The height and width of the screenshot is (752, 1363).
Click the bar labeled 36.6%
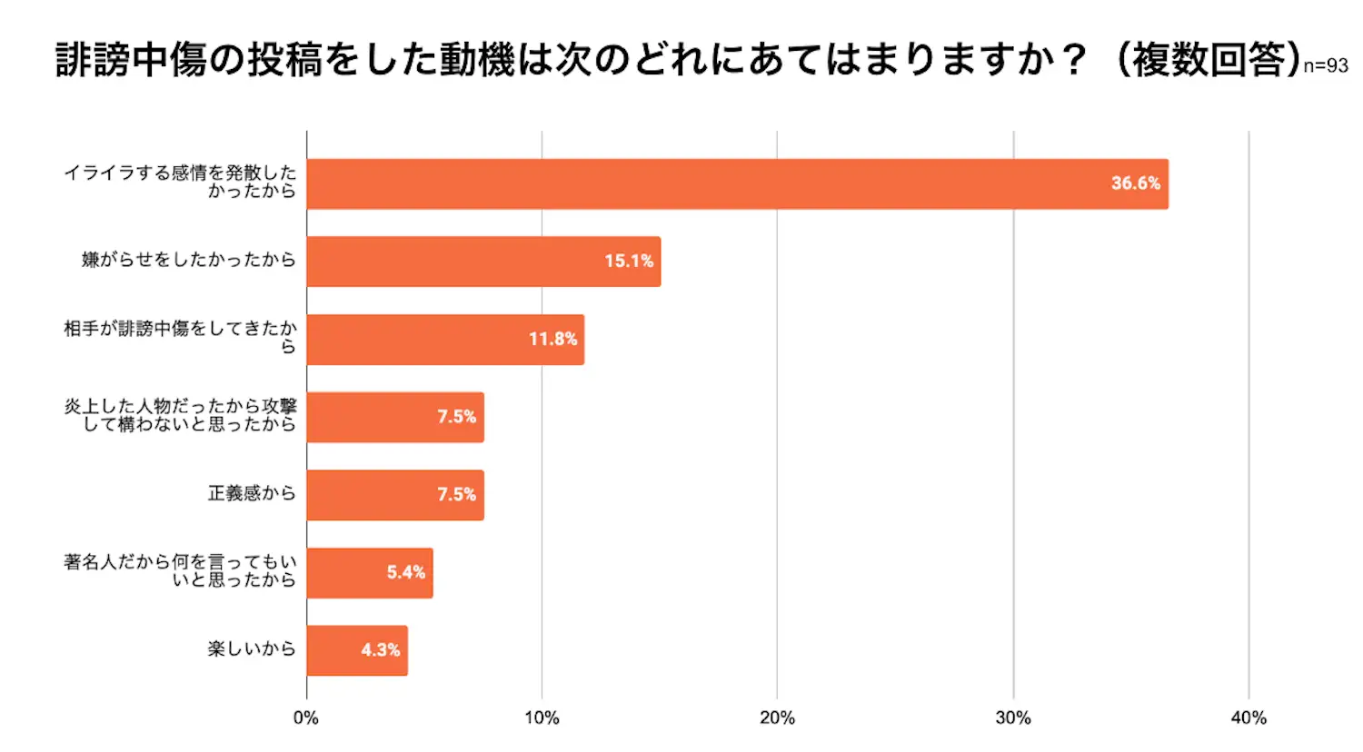click(x=737, y=184)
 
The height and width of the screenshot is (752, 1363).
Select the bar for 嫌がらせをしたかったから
click(x=483, y=262)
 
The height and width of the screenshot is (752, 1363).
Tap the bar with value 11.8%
click(x=445, y=340)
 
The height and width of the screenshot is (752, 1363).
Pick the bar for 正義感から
click(x=395, y=495)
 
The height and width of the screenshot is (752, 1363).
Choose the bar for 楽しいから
click(x=357, y=650)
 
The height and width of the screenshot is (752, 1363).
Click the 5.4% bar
click(x=370, y=573)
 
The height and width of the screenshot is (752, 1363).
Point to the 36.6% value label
click(x=1135, y=183)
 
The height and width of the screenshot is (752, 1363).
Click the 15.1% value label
click(x=629, y=262)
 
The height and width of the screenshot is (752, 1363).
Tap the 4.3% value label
click(x=380, y=650)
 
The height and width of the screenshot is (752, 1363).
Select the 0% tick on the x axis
click(x=306, y=718)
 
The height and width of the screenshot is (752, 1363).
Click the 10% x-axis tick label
click(x=542, y=718)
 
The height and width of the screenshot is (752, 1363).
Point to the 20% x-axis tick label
click(x=777, y=718)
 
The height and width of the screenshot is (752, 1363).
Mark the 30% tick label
click(x=1013, y=718)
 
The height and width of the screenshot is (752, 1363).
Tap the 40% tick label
click(x=1249, y=718)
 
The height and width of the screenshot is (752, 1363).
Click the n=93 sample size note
click(x=1326, y=66)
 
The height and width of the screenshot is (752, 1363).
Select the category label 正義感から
click(x=252, y=493)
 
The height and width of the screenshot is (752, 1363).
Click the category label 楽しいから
click(x=252, y=648)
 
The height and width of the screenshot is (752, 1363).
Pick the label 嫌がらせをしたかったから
click(x=189, y=260)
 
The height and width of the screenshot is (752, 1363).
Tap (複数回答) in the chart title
click(x=1207, y=60)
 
